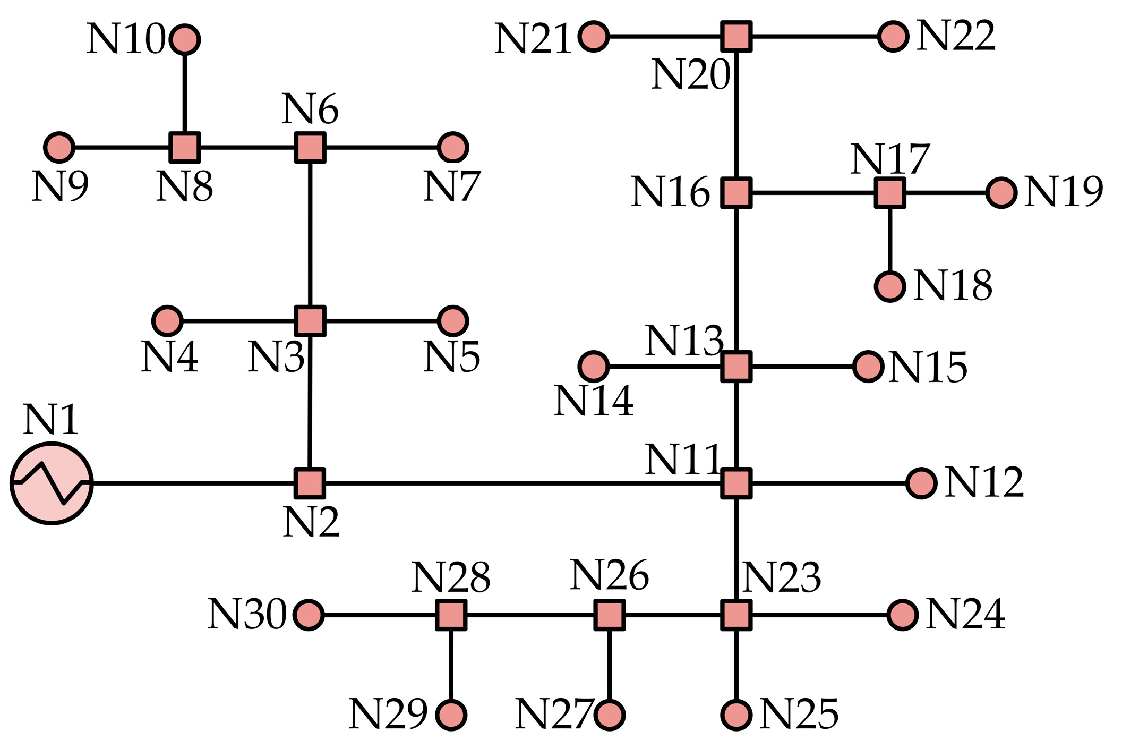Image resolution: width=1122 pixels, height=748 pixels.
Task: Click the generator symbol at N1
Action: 52,483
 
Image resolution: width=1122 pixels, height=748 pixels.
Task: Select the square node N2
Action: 310,483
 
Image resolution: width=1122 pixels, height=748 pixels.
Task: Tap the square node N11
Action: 736,483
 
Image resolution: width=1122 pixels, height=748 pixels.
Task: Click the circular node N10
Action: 185,39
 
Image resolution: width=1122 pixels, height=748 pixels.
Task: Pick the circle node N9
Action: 59,147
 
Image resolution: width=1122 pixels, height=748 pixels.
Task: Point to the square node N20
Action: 736,37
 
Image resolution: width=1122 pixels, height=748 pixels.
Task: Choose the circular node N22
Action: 893,37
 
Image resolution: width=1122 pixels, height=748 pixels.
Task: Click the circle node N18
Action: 890,286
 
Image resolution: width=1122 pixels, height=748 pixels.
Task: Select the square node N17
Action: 890,192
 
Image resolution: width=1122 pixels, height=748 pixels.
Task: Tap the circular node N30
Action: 309,615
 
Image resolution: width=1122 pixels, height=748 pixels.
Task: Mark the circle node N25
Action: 736,715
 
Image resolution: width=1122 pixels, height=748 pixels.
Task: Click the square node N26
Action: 609,615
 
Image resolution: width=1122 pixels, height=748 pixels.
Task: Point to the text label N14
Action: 594,401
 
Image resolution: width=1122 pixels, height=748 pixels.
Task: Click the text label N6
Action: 310,109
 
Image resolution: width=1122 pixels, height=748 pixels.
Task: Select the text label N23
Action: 782,577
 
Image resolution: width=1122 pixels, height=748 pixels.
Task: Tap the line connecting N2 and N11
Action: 523,483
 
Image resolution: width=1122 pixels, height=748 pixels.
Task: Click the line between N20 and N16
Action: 736,114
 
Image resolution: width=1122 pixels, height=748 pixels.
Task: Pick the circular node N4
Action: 167,321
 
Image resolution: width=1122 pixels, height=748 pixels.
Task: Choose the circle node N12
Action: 921,483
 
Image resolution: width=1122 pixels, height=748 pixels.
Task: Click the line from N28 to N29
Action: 451,665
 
